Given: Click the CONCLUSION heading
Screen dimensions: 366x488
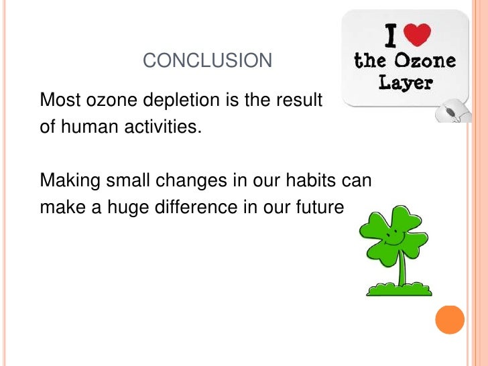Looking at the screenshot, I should click(x=208, y=62).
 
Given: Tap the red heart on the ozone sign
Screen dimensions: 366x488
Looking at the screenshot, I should click(x=420, y=34).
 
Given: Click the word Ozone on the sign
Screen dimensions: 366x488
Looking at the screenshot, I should click(x=425, y=62).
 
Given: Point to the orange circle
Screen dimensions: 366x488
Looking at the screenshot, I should click(x=450, y=320).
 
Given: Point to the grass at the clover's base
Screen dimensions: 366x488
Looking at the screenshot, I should click(x=399, y=290).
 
